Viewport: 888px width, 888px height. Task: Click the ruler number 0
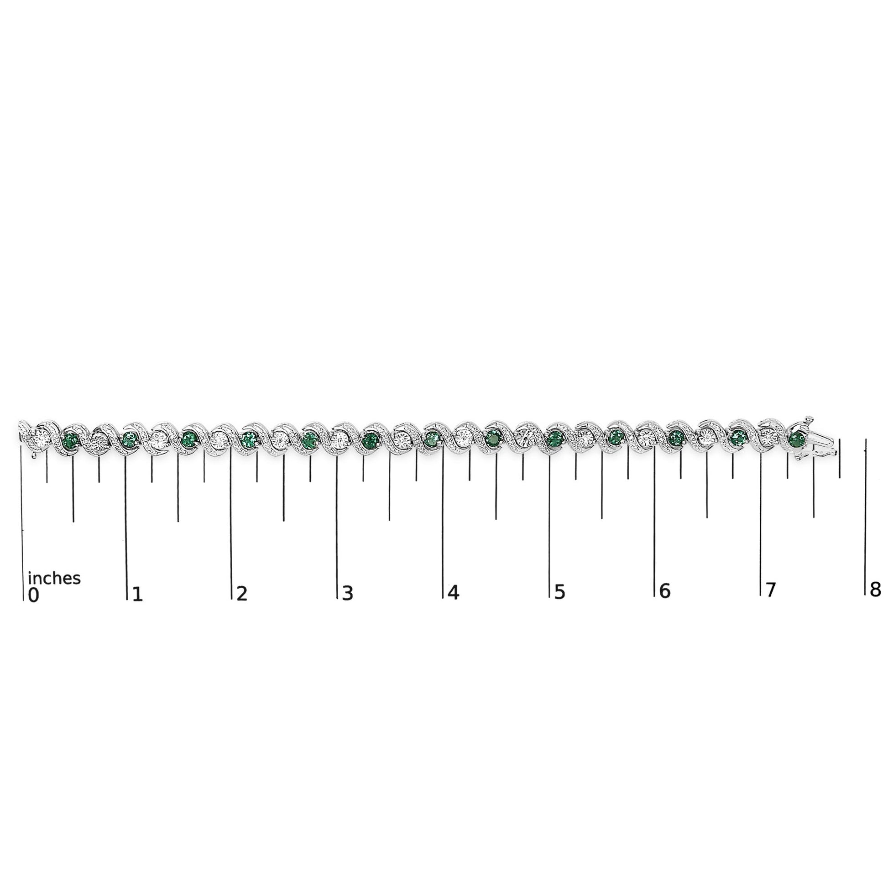(x=33, y=595)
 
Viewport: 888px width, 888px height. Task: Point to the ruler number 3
(x=348, y=593)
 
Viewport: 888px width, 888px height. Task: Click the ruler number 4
(x=453, y=592)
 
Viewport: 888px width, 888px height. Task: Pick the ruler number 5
(x=559, y=592)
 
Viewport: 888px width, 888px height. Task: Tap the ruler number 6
(x=665, y=591)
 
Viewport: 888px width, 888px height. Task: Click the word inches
(x=54, y=578)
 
